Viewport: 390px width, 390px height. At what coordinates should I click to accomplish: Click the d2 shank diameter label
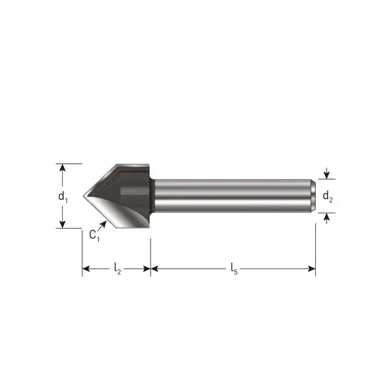[x=327, y=196]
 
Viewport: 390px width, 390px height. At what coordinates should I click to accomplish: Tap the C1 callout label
[x=94, y=236]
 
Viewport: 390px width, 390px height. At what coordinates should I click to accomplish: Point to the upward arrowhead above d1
[x=62, y=168]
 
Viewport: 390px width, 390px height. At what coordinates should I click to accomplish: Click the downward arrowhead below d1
[x=62, y=224]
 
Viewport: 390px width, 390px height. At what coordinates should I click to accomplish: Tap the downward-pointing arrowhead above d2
[x=327, y=175]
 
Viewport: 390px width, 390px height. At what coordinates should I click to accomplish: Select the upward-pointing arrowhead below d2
[x=327, y=217]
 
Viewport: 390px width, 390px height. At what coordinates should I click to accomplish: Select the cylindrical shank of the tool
[x=232, y=196]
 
